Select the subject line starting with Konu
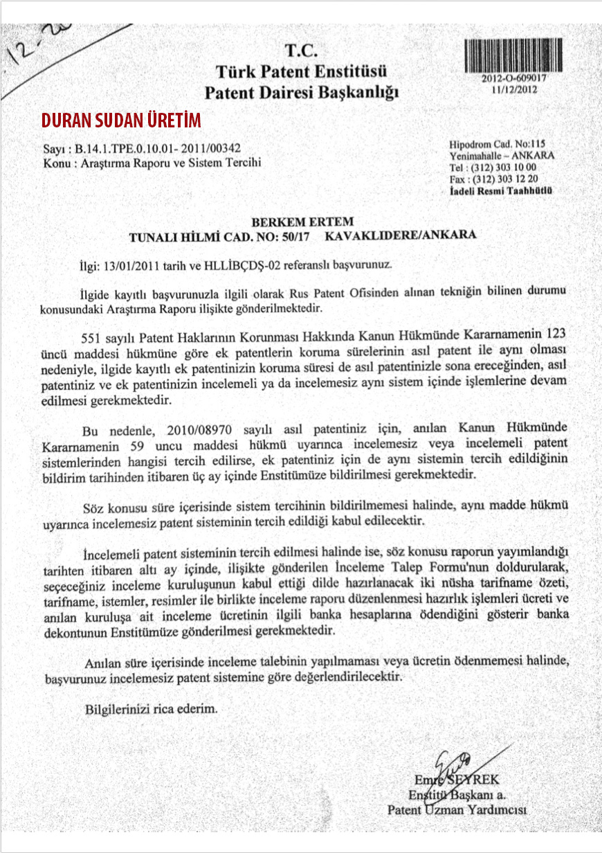(x=152, y=163)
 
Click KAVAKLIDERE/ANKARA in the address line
(x=400, y=235)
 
